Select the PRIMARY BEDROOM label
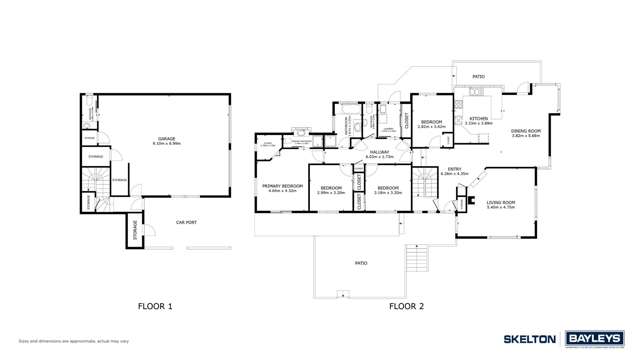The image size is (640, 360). click(283, 188)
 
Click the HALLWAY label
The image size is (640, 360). click(379, 153)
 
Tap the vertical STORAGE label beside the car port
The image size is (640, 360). click(133, 234)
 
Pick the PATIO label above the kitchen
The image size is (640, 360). click(478, 75)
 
